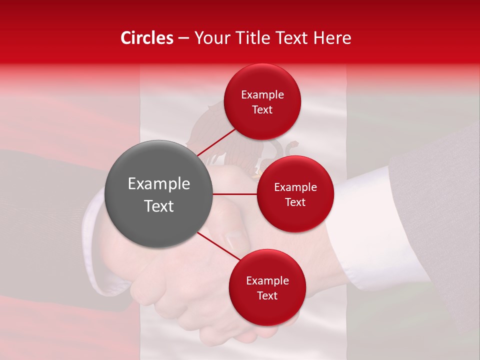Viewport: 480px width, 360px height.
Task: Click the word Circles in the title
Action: (x=147, y=38)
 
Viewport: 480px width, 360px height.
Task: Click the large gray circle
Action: (x=158, y=194)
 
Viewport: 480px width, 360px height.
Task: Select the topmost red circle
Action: (x=262, y=101)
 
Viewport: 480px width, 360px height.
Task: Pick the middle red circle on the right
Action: (x=295, y=194)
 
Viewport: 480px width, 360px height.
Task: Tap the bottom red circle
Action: (x=267, y=287)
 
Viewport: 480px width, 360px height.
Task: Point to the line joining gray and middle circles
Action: (x=235, y=194)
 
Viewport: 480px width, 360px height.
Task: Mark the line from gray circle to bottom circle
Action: (x=218, y=246)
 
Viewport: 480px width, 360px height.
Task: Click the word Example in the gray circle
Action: (x=158, y=184)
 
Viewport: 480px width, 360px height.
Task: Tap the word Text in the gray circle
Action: (x=158, y=206)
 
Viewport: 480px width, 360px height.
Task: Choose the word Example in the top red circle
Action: (x=262, y=94)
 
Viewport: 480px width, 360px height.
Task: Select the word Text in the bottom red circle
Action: (x=267, y=295)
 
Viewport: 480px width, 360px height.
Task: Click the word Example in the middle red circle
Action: (x=295, y=187)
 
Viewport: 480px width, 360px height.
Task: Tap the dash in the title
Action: (x=183, y=38)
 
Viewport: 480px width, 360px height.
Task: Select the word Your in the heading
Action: (x=210, y=38)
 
